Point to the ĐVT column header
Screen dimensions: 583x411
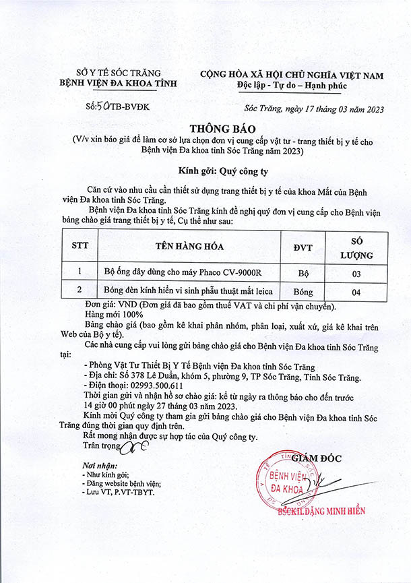303,247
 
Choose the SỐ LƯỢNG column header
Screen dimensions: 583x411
356,247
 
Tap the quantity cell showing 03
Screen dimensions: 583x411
356,274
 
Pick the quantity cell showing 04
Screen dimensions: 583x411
356,292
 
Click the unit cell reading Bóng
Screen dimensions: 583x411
304,292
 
